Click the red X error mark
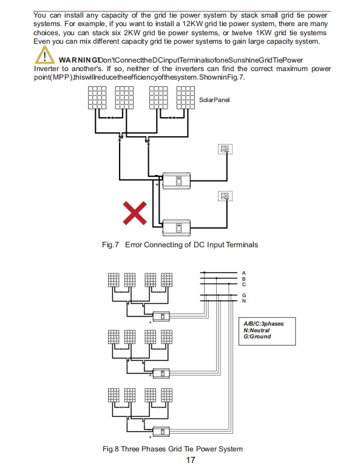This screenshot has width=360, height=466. tap(135, 213)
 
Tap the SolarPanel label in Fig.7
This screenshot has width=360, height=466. tap(214, 100)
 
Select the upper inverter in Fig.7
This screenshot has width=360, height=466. tap(177, 180)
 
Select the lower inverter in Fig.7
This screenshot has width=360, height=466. tap(177, 228)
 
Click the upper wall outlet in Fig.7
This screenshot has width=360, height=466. tap(225, 149)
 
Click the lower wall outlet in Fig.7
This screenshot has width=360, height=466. tap(225, 196)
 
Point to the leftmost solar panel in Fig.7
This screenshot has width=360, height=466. tap(97, 98)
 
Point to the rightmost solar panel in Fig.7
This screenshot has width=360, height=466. tap(186, 98)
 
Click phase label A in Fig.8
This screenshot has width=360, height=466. tap(244, 273)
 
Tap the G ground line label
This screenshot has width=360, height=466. tap(244, 295)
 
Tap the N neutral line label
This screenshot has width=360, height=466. tap(244, 301)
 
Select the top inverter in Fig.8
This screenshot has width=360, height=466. tap(161, 316)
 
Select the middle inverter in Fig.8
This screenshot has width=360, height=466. tap(161, 373)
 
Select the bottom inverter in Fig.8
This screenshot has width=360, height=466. tap(161, 431)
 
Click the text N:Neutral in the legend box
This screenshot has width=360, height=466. tap(257, 330)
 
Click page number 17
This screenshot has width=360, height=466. tap(191, 460)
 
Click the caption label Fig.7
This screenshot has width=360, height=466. tap(110, 245)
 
